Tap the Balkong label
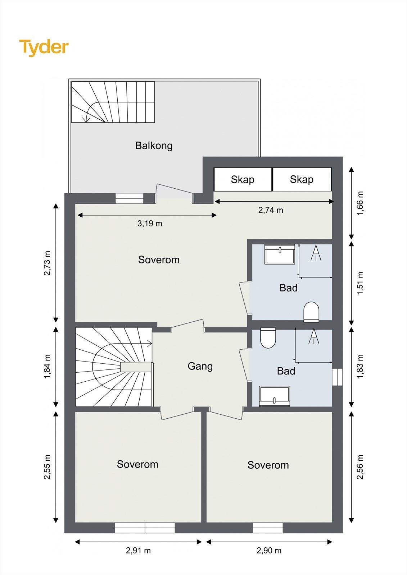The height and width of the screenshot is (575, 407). pyautogui.click(x=154, y=146)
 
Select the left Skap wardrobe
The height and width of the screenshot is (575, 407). pyautogui.click(x=243, y=179)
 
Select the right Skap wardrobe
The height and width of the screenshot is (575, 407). pyautogui.click(x=302, y=179)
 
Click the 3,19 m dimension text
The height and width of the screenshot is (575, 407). pyautogui.click(x=150, y=224)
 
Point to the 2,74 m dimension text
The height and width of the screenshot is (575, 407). pyautogui.click(x=271, y=210)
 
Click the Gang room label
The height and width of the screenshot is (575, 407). pyautogui.click(x=200, y=366)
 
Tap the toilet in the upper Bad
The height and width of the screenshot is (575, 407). pyautogui.click(x=311, y=312)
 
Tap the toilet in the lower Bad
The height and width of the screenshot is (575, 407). pyautogui.click(x=268, y=338)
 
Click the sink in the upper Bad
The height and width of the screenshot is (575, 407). pyautogui.click(x=280, y=254)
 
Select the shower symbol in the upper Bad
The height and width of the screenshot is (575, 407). pyautogui.click(x=316, y=253)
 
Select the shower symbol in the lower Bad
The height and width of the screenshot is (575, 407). pyautogui.click(x=314, y=336)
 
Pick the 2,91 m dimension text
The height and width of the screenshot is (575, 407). pyautogui.click(x=138, y=550)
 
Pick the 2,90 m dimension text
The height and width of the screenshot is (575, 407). pyautogui.click(x=269, y=550)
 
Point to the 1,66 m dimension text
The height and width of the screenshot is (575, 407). pyautogui.click(x=360, y=203)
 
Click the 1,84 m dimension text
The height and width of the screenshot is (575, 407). pyautogui.click(x=47, y=367)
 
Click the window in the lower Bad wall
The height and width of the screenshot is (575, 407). pyautogui.click(x=337, y=377)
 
